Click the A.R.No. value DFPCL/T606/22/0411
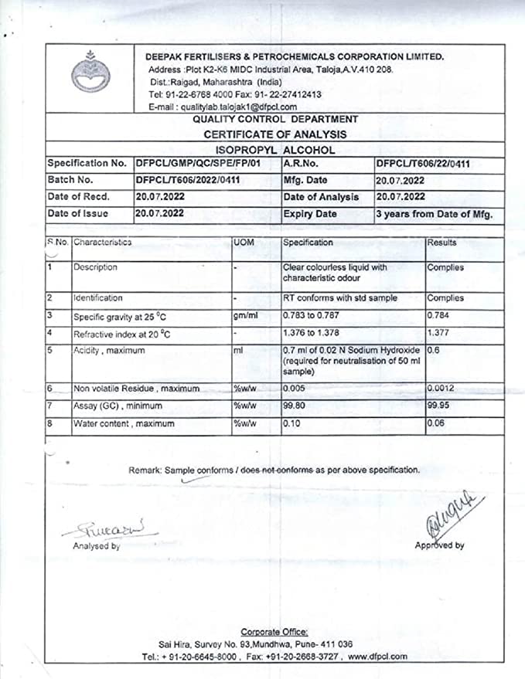pyautogui.click(x=423, y=164)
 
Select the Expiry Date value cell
pyautogui.click(x=434, y=214)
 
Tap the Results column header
pyautogui.click(x=442, y=243)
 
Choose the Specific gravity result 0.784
pyautogui.click(x=439, y=316)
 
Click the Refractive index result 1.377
pyautogui.click(x=439, y=333)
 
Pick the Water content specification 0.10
pyautogui.click(x=293, y=423)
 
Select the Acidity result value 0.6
pyautogui.click(x=435, y=350)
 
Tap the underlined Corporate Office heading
pyautogui.click(x=274, y=632)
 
